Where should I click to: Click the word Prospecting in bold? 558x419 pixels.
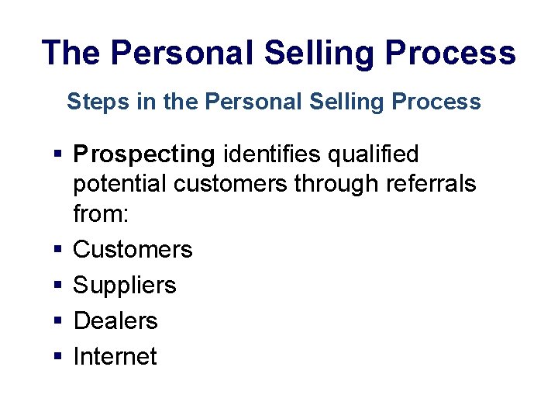click(143, 155)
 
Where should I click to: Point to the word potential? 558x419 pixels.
click(120, 184)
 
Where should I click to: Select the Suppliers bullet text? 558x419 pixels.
click(125, 286)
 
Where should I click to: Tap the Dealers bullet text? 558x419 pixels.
click(115, 320)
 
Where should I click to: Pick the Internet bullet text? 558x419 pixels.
click(115, 356)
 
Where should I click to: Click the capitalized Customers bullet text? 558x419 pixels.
click(133, 249)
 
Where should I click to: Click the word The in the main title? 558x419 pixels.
click(71, 53)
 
